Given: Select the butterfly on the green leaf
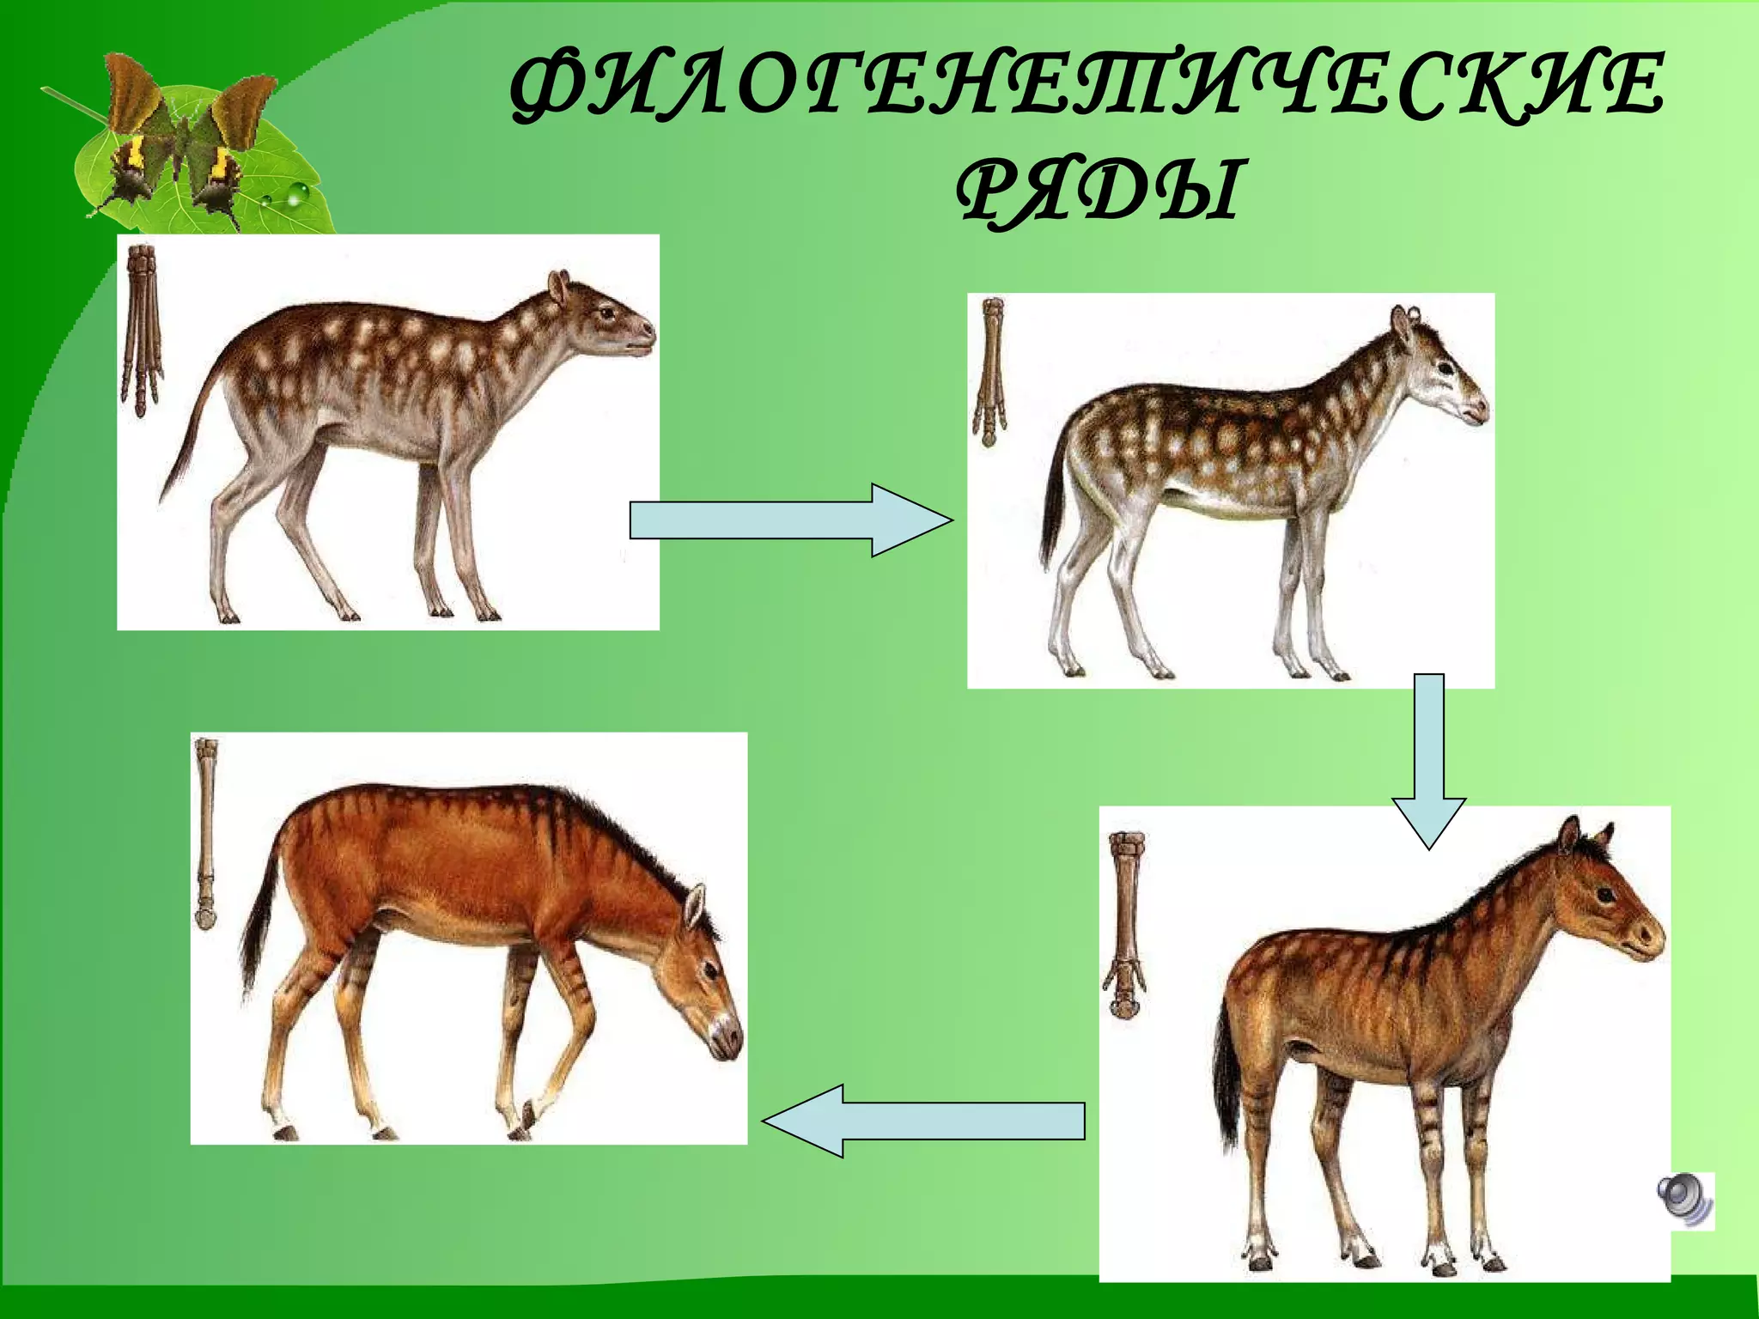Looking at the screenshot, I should pyautogui.click(x=185, y=137).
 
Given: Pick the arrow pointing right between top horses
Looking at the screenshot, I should pyautogui.click(x=790, y=520).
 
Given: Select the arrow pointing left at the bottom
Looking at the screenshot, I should pyautogui.click(x=922, y=1120).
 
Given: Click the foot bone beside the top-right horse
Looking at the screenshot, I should pyautogui.click(x=990, y=369).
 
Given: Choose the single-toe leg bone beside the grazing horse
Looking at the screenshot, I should pyautogui.click(x=206, y=833).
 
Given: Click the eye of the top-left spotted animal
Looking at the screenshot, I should pyautogui.click(x=609, y=313).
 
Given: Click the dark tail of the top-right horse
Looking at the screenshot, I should pyautogui.click(x=1053, y=507).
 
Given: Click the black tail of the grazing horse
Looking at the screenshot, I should pyautogui.click(x=257, y=936).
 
